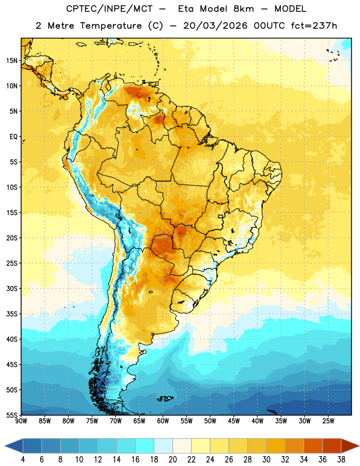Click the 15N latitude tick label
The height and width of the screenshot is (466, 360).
[12, 61]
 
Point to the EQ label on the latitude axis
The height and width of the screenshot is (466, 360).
[13, 137]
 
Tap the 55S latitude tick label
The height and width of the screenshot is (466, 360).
[12, 415]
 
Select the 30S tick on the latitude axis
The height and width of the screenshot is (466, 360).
[12, 288]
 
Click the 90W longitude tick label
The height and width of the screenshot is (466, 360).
[21, 421]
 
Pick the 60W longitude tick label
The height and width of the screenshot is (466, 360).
[163, 421]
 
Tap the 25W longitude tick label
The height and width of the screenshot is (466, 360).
[328, 421]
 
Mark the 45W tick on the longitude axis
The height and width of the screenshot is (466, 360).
[234, 421]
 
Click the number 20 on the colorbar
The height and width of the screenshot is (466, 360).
[172, 460]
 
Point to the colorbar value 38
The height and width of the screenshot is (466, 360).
[341, 460]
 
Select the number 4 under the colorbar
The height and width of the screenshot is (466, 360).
[23, 460]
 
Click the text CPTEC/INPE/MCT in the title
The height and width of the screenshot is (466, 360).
[109, 9]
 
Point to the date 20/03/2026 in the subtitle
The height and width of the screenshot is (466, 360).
[215, 26]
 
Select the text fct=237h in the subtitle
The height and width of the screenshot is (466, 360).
[314, 26]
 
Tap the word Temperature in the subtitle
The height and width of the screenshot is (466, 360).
[111, 26]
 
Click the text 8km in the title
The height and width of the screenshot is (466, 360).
[243, 9]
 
